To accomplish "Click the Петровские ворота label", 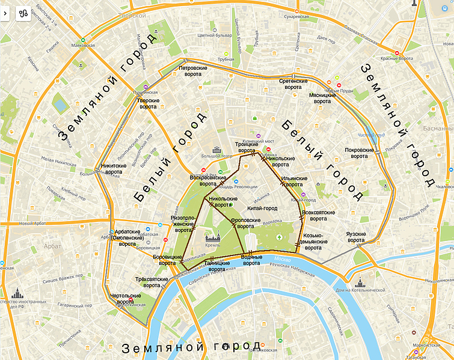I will (193, 72).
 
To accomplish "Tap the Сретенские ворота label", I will (293, 84).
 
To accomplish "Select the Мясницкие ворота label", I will (322, 98).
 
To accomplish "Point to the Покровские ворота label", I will (359, 153).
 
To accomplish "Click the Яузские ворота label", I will (360, 237).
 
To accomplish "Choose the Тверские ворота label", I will (148, 103).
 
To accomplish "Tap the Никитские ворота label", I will (114, 169).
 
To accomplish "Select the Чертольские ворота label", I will (126, 299).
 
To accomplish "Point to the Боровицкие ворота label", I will (168, 260).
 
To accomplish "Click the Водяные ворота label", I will (251, 260).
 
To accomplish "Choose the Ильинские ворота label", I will (295, 182).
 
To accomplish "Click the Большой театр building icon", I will (216, 151).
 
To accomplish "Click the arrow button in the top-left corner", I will (5, 13).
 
